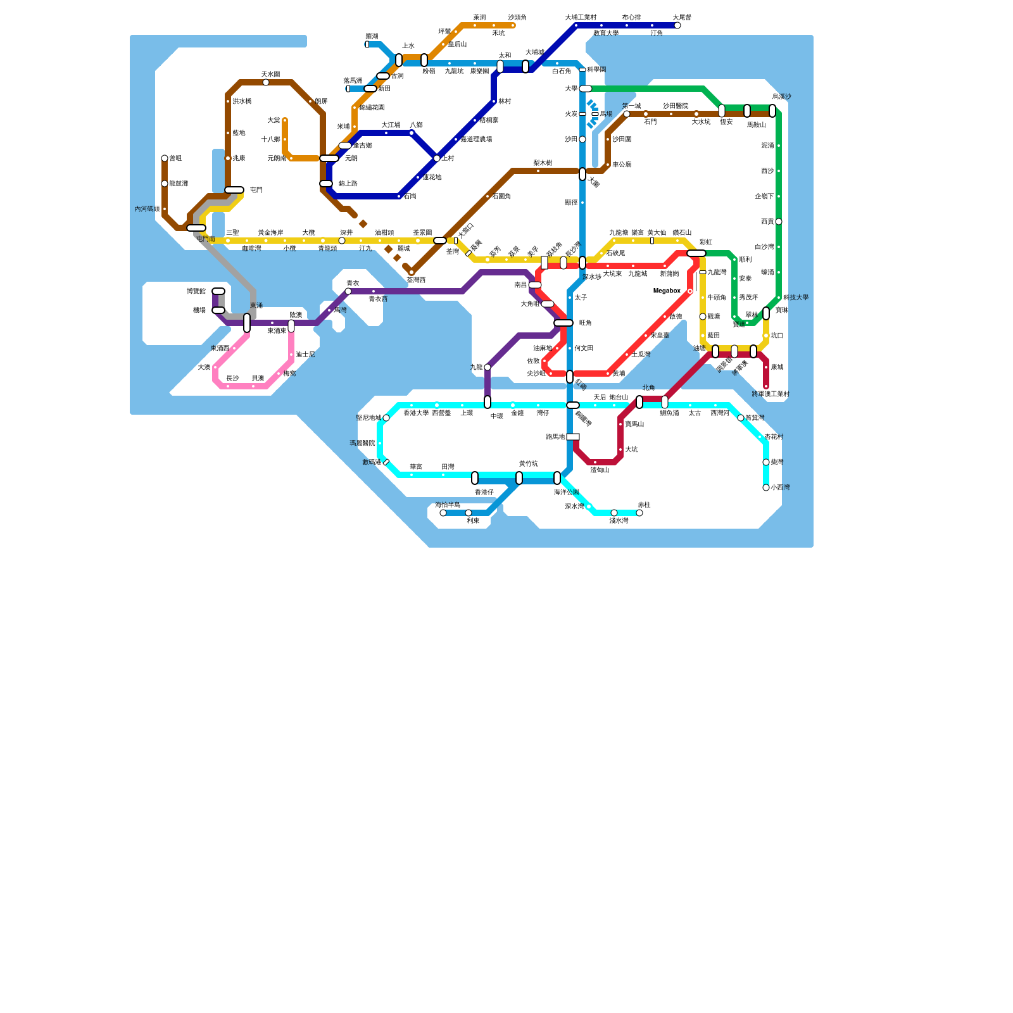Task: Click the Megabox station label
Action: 667,291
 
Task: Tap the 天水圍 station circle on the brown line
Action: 266,82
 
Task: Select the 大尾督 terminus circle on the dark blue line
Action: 677,25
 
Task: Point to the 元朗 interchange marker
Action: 329,158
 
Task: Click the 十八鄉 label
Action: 270,139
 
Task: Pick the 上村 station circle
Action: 437,158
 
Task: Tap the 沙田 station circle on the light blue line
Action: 582,139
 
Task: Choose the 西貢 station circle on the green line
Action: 779,222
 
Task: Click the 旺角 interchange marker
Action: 563,323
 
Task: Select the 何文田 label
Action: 584,348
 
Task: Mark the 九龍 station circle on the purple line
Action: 488,367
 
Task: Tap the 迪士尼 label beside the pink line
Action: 305,355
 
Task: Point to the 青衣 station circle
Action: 348,291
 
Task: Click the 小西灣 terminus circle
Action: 766,488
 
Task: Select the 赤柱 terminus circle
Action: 639,513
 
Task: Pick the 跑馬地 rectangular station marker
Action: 573,437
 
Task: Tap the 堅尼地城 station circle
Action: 386,418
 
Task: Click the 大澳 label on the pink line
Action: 204,367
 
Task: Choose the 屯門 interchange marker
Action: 234,190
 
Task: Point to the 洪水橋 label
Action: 242,101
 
